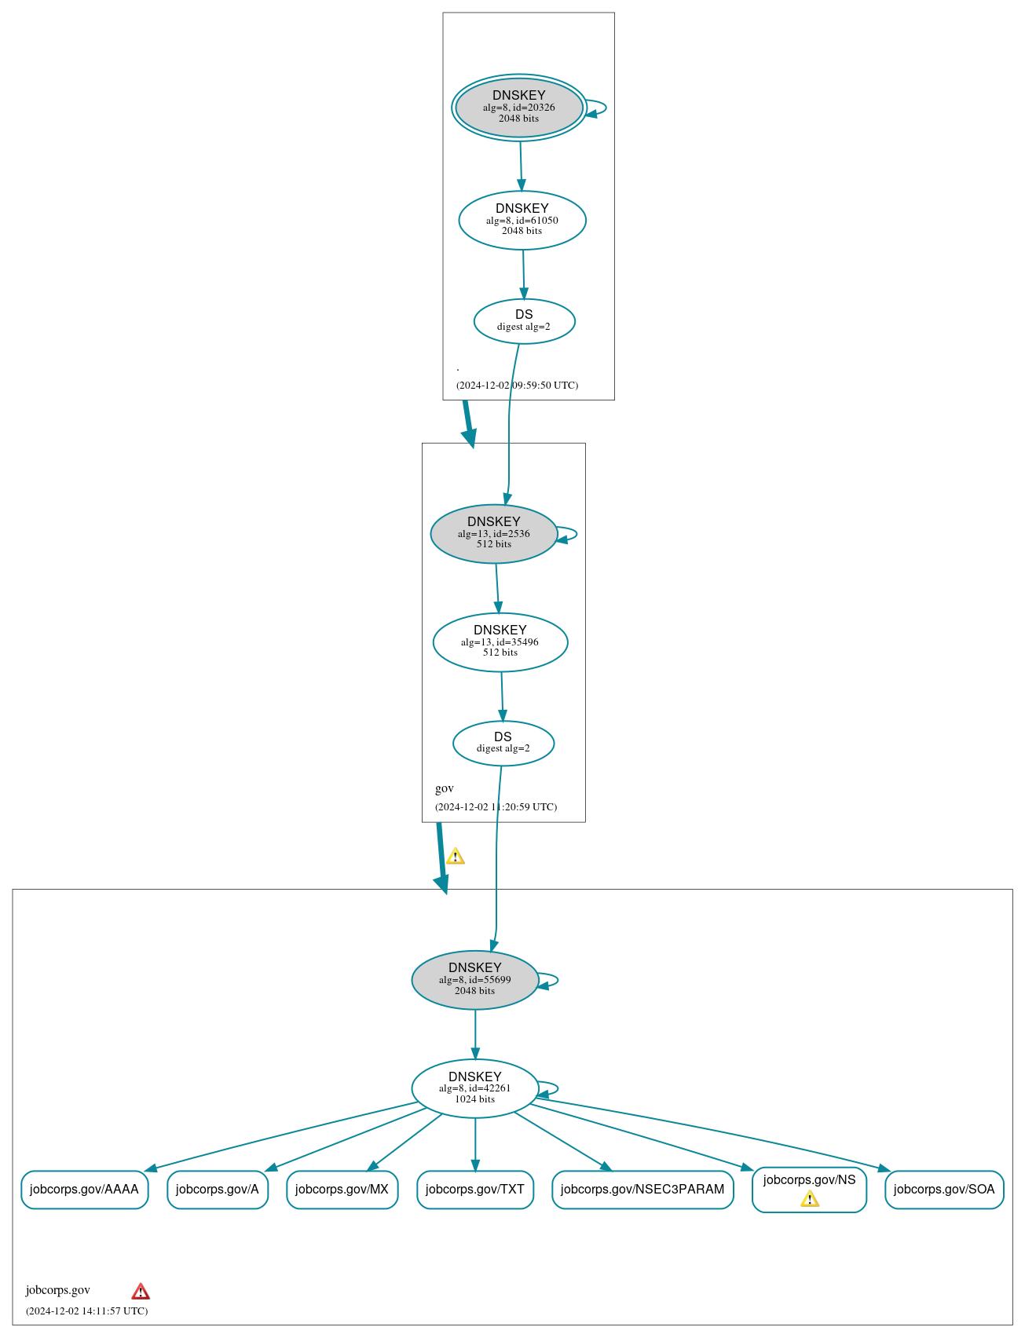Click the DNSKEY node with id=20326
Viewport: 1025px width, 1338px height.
coord(519,108)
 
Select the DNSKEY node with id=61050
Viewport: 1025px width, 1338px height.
coord(522,221)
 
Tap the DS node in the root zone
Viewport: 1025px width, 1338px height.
coord(525,321)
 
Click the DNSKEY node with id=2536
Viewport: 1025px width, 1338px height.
coord(494,534)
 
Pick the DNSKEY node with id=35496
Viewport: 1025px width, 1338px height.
coord(500,642)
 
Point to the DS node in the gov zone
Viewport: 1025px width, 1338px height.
coord(503,743)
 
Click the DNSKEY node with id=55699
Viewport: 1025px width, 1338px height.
coord(475,980)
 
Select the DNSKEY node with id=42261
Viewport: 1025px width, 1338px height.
coord(475,1088)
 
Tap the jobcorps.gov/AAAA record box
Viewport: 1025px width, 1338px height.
coord(84,1190)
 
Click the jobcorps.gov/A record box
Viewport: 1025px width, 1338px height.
coord(218,1190)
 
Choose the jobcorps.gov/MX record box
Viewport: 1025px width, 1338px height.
coord(342,1190)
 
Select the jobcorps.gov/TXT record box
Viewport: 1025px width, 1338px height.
coord(475,1190)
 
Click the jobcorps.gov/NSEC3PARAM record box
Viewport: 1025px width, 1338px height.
coord(642,1190)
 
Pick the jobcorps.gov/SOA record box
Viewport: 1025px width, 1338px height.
coord(944,1190)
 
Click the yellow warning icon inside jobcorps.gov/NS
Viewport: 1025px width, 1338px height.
coord(810,1198)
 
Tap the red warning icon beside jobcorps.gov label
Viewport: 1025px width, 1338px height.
coord(141,1291)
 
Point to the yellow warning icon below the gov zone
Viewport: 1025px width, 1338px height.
coord(456,856)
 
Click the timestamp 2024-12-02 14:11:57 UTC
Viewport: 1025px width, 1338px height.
coord(86,1311)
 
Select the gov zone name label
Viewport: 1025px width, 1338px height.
coord(445,788)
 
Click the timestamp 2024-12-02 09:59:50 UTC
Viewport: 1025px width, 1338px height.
coord(517,386)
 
